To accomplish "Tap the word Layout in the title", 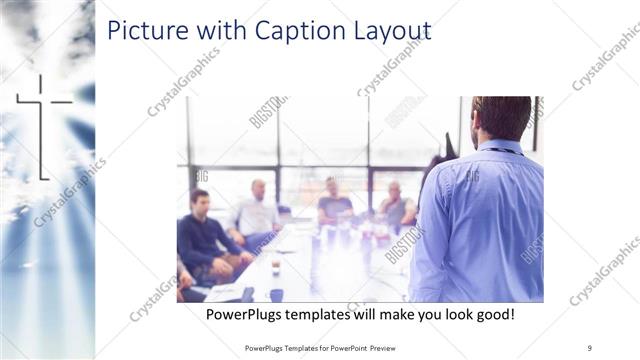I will (x=384, y=32).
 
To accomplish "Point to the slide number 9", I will (x=590, y=348).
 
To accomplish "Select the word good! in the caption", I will (x=493, y=315).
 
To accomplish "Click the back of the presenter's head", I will (x=501, y=117).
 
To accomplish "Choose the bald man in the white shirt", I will (x=258, y=211).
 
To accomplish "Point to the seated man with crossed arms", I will (x=395, y=208).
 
